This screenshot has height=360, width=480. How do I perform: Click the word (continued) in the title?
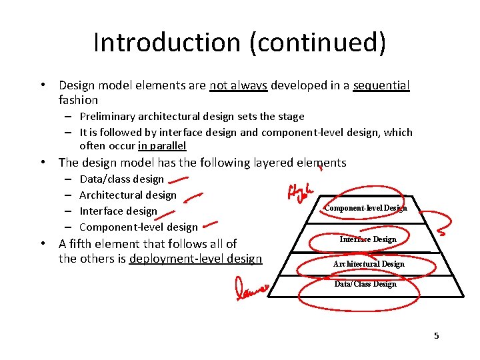[317, 43]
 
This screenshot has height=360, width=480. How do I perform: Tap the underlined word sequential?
[381, 85]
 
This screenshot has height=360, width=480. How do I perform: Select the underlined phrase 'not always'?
[238, 85]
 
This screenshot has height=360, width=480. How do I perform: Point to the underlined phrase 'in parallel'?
[162, 146]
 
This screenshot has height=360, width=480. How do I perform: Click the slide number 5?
[437, 335]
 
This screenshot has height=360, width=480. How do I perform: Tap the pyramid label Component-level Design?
[365, 208]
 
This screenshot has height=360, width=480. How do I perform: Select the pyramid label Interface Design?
[368, 239]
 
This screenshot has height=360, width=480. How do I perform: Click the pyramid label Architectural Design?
[369, 264]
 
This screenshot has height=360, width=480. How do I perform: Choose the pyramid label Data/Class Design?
[365, 284]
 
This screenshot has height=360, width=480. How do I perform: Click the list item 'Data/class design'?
[121, 179]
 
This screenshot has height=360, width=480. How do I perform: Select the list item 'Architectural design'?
[128, 195]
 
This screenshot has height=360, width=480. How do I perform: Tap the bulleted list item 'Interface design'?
[118, 211]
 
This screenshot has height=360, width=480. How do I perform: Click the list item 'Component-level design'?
[139, 227]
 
